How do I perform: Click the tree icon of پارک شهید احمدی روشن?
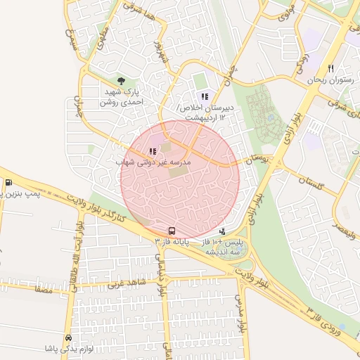pyautogui.click(x=121, y=82)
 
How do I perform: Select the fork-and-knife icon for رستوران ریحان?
pyautogui.click(x=330, y=69)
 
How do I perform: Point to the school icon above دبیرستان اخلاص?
pyautogui.click(x=205, y=96)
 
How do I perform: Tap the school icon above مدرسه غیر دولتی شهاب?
pyautogui.click(x=153, y=150)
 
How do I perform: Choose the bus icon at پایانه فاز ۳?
pyautogui.click(x=172, y=231)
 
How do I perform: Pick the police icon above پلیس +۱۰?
pyautogui.click(x=223, y=231)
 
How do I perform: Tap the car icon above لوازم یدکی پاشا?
pyautogui.click(x=67, y=337)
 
